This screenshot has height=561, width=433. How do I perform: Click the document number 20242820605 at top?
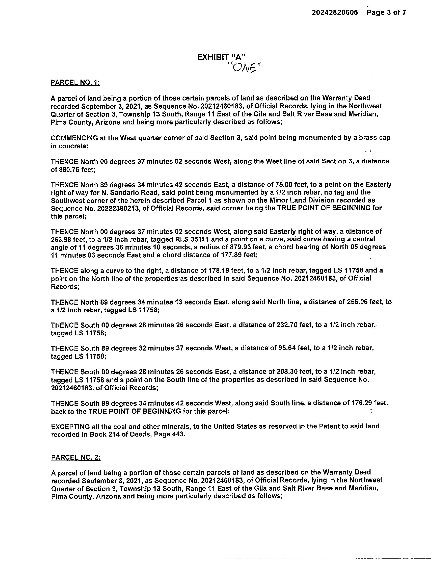coord(335,12)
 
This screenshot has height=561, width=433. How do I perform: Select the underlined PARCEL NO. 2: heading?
coord(76,457)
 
